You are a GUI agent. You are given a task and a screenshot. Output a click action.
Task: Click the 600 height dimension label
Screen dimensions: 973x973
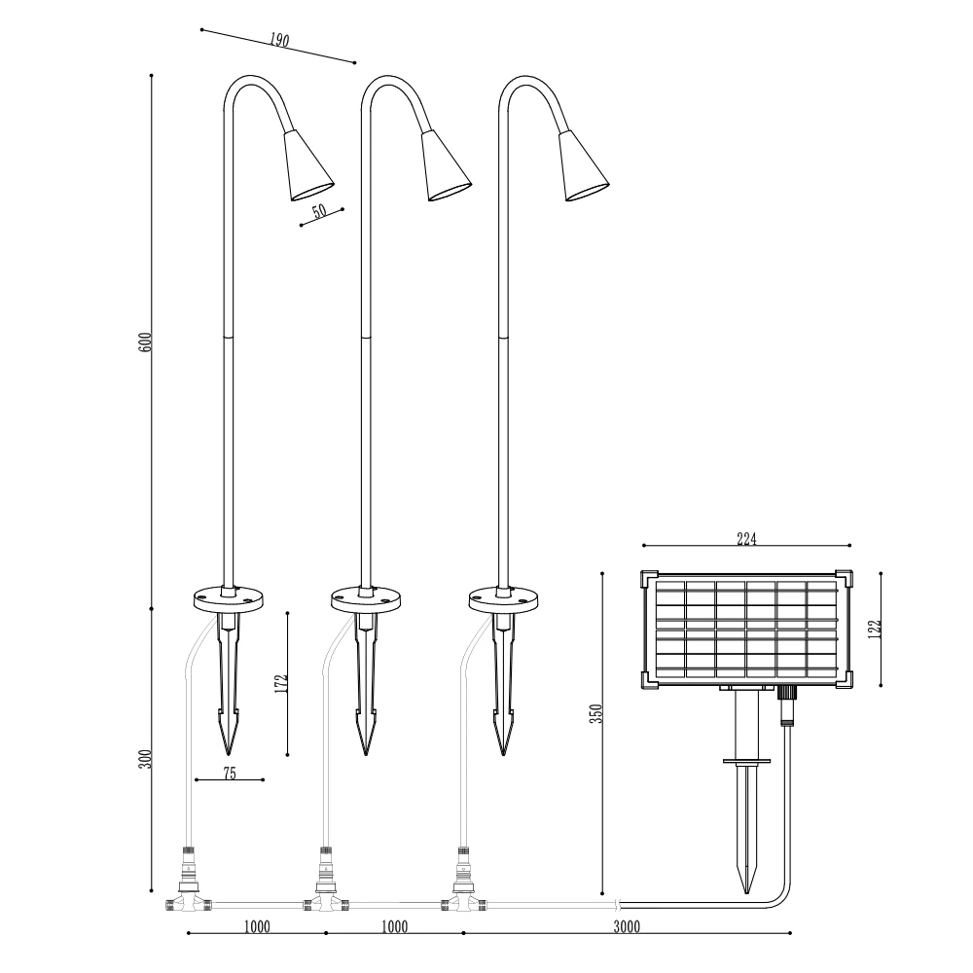point(145,342)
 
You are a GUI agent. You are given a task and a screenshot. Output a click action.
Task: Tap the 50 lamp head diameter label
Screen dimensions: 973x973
point(319,211)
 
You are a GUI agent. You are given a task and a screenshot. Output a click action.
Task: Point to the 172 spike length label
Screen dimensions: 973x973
point(282,683)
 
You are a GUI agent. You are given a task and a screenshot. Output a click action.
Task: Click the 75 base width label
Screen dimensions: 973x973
point(230,774)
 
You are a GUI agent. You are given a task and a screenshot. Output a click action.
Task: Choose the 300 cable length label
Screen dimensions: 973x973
point(145,759)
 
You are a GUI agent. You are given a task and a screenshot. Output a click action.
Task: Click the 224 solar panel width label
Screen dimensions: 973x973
point(746,539)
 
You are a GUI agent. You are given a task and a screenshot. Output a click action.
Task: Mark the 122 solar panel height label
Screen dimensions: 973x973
point(875,629)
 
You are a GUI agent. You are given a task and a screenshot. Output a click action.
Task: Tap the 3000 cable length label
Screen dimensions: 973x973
point(627,927)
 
